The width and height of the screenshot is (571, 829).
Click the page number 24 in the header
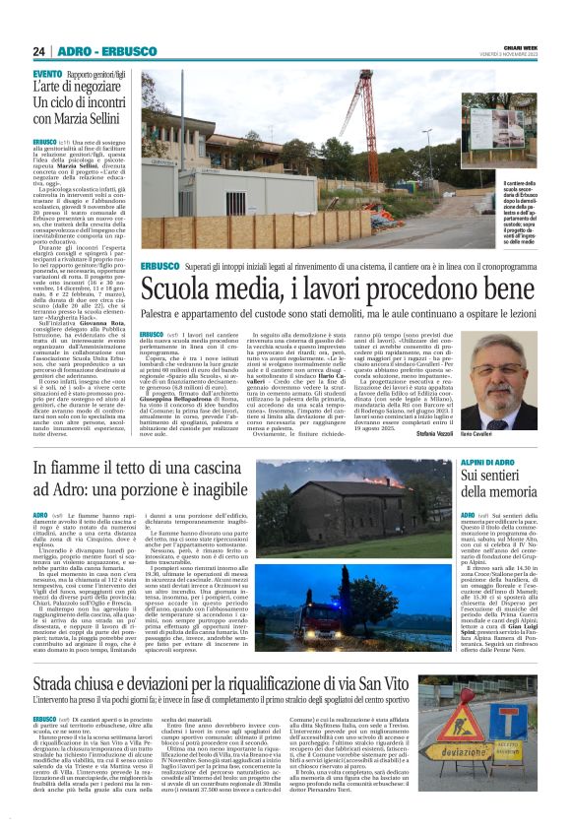click(39, 51)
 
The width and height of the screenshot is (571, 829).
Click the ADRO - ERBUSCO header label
click(103, 51)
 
